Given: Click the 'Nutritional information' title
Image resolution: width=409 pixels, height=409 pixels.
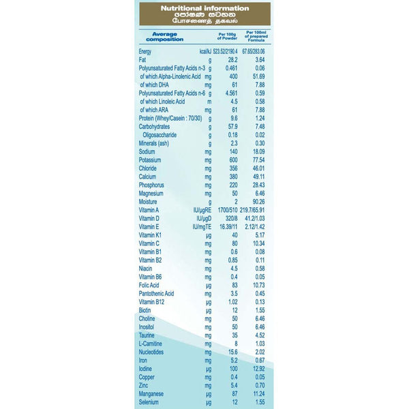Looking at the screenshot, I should (x=204, y=7).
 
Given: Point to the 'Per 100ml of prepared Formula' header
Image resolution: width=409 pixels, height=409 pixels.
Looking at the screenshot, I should (x=259, y=35).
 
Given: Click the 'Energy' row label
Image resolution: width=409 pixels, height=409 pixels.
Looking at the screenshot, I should (x=145, y=52).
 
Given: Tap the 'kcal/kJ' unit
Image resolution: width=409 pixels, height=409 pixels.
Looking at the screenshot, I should (x=205, y=52).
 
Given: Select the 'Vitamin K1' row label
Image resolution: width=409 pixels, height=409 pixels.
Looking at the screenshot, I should (x=151, y=234).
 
